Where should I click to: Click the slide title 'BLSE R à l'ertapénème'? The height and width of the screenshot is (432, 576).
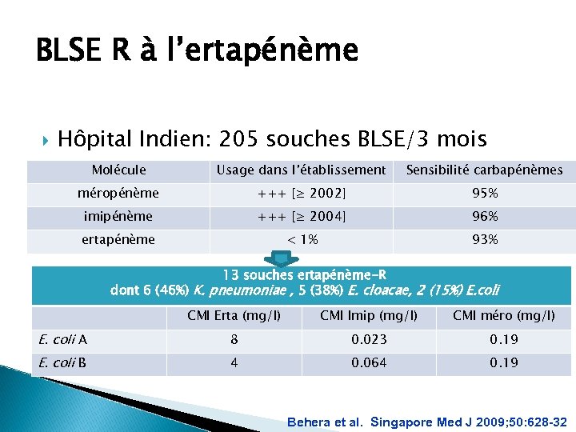coord(197,51)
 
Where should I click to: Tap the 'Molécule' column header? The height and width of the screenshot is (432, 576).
coord(118,170)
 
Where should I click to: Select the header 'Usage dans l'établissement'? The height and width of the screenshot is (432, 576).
coord(301,170)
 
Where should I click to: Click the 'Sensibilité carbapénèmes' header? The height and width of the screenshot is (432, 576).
coord(485,170)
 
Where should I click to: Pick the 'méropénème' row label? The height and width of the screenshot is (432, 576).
coord(118,193)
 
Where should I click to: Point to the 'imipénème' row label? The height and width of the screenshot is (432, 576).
coord(118,216)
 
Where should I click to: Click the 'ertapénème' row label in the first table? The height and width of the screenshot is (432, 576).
coord(118,239)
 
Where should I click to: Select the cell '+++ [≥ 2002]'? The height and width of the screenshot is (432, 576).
coord(301,193)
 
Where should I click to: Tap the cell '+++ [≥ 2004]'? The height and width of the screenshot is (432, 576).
coord(301,216)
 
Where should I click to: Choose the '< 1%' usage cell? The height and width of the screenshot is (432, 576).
coord(301,239)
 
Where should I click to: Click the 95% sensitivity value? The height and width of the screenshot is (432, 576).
coord(485,193)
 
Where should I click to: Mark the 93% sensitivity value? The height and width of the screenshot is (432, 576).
coord(485,239)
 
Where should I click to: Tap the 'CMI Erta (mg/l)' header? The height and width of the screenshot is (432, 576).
coord(234,316)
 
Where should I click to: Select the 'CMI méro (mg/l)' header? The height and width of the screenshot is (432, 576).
coord(504,316)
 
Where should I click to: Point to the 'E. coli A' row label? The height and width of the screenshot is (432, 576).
coord(63,340)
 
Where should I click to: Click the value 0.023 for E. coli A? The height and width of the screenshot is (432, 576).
coord(369,340)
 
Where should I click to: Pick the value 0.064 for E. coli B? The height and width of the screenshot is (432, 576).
coord(369,363)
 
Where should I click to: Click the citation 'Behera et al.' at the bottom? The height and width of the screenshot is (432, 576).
coord(325,421)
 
